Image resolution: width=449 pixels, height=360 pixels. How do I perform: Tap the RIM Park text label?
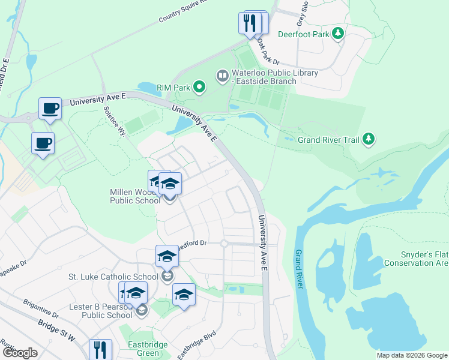pos(173,88)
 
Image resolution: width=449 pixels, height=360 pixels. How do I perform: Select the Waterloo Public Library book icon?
pos(222,75)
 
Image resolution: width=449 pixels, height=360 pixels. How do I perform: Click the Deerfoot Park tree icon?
pos(339,34)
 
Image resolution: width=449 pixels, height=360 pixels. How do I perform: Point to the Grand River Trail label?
pos(328,140)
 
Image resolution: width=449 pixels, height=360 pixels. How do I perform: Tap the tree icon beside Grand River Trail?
pos(369,139)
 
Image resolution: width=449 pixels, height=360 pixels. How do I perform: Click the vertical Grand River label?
pos(298,267)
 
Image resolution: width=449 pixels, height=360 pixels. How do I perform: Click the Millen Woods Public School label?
pos(134,196)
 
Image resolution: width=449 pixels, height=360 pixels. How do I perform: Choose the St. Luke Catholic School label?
pos(113,277)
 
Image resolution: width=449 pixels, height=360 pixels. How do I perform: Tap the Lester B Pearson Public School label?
pos(100,311)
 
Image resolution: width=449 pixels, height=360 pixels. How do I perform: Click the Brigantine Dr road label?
pos(41,310)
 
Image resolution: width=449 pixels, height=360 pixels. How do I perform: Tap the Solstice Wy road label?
pos(113,122)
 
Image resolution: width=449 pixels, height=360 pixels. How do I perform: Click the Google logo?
pos(20,353)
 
